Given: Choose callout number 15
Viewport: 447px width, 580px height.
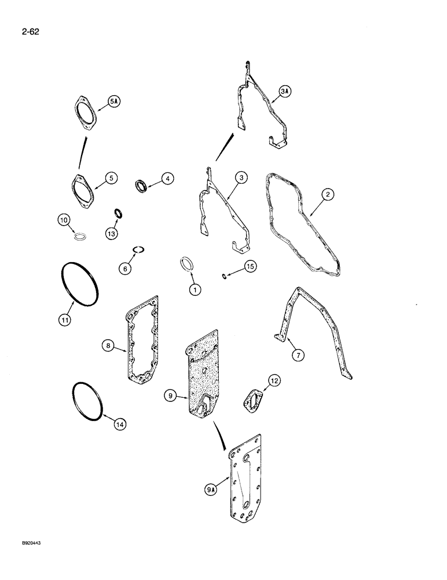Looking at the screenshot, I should click(250, 266).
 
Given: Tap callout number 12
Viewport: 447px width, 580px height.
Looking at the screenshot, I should click(273, 380).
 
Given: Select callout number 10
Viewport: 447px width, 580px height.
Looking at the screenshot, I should click(64, 220).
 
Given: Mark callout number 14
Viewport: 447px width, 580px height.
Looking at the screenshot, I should click(119, 424).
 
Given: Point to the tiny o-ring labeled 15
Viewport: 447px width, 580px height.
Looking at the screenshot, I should click(224, 275).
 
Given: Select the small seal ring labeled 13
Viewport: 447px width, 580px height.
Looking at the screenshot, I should click(118, 214).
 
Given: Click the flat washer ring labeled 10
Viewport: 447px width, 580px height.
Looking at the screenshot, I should click(80, 235).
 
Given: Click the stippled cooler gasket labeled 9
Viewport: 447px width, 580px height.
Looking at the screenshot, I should click(200, 380).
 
